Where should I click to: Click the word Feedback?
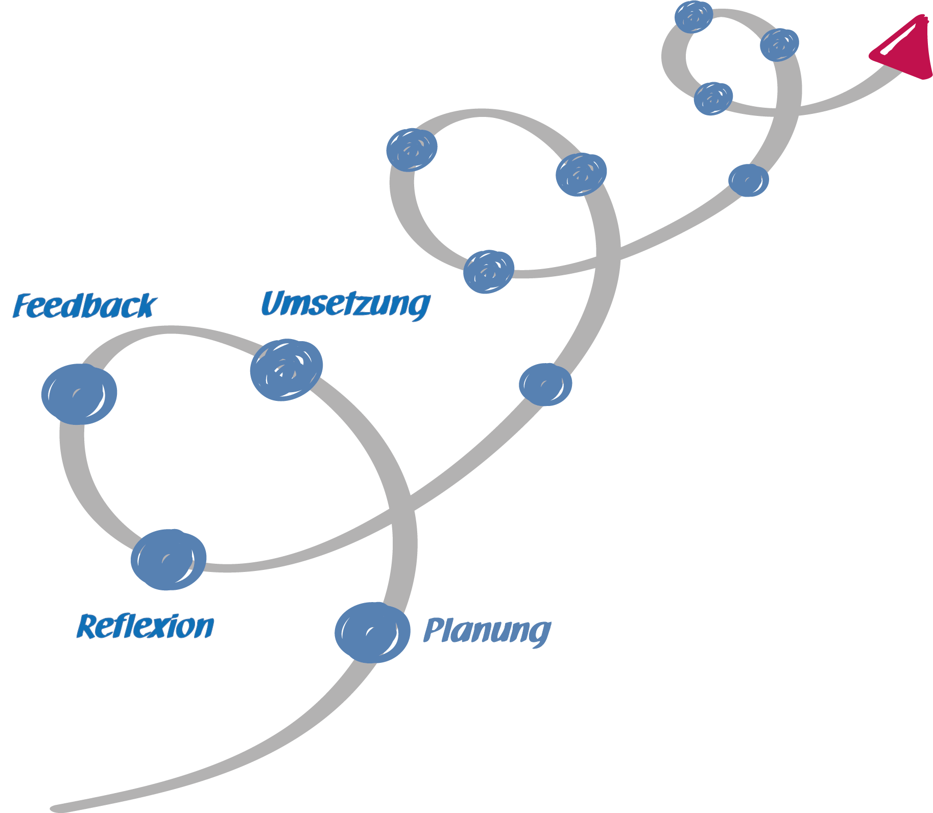coord(85,306)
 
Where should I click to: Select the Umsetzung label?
coord(345,304)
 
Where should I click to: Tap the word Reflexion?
coord(146,627)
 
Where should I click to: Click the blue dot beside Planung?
coord(372,632)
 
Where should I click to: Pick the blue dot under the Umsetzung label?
coord(286,370)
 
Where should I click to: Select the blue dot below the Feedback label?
coord(79,394)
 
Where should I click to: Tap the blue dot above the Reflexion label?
coord(169,559)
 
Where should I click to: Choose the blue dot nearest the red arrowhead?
coord(779,45)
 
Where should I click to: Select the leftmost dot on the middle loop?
coord(412,150)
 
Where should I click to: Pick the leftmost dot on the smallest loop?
coord(693,17)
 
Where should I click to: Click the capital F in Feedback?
coord(22,306)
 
